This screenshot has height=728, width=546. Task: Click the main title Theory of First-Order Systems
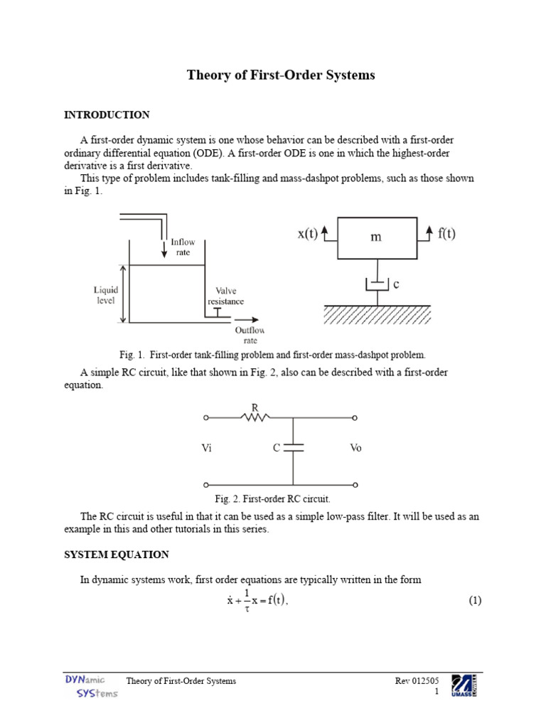coord(280,75)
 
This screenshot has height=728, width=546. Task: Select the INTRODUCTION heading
coord(107,114)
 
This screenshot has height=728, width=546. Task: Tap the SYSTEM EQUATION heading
coord(117,555)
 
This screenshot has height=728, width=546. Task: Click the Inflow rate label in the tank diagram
coord(183,247)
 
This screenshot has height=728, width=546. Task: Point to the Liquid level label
coord(105,295)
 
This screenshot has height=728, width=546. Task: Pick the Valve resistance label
coord(225,296)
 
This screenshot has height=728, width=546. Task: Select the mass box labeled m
coord(375,237)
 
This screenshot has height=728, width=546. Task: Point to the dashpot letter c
coord(396,284)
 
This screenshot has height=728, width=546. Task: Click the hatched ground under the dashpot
coord(377,314)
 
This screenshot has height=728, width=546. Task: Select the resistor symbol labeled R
coord(254,418)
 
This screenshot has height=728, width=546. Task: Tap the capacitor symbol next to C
coord(293,448)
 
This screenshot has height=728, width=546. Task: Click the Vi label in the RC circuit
coord(208,449)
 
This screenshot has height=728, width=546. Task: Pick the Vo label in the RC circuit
coord(355,449)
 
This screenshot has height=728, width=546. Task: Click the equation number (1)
coord(475,601)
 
